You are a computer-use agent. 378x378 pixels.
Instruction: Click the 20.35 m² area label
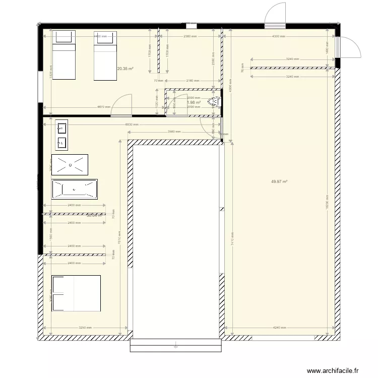click(x=125, y=69)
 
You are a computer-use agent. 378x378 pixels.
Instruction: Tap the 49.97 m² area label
click(x=279, y=182)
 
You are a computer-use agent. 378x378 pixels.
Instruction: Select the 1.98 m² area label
click(x=194, y=102)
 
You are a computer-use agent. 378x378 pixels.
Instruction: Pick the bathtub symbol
click(x=74, y=190)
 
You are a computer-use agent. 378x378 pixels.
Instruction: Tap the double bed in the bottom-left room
click(x=76, y=293)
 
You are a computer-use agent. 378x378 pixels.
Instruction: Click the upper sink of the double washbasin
click(x=62, y=127)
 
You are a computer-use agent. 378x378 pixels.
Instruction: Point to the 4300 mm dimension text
click(x=279, y=37)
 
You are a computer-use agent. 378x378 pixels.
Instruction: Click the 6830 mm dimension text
click(x=132, y=125)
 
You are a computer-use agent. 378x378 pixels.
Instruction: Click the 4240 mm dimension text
click(x=279, y=328)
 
